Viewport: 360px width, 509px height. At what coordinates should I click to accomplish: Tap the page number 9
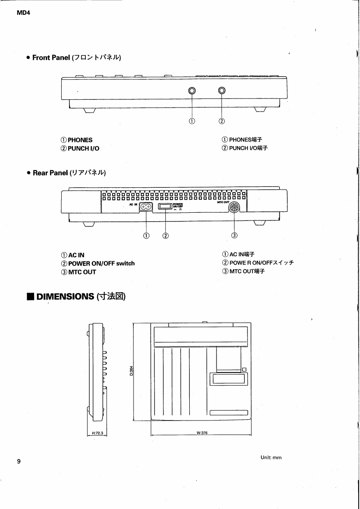19,461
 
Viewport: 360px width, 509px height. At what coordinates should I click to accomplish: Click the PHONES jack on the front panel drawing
192,91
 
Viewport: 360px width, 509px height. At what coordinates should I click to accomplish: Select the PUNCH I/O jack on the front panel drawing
222,91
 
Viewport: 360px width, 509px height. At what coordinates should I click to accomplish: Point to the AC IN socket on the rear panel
147,207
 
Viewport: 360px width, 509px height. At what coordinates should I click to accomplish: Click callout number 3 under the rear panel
234,235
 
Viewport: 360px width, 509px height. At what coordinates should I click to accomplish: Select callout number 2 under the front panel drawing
222,121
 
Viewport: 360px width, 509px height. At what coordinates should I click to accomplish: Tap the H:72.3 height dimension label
98,433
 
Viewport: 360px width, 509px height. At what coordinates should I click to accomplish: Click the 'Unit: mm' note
271,457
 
